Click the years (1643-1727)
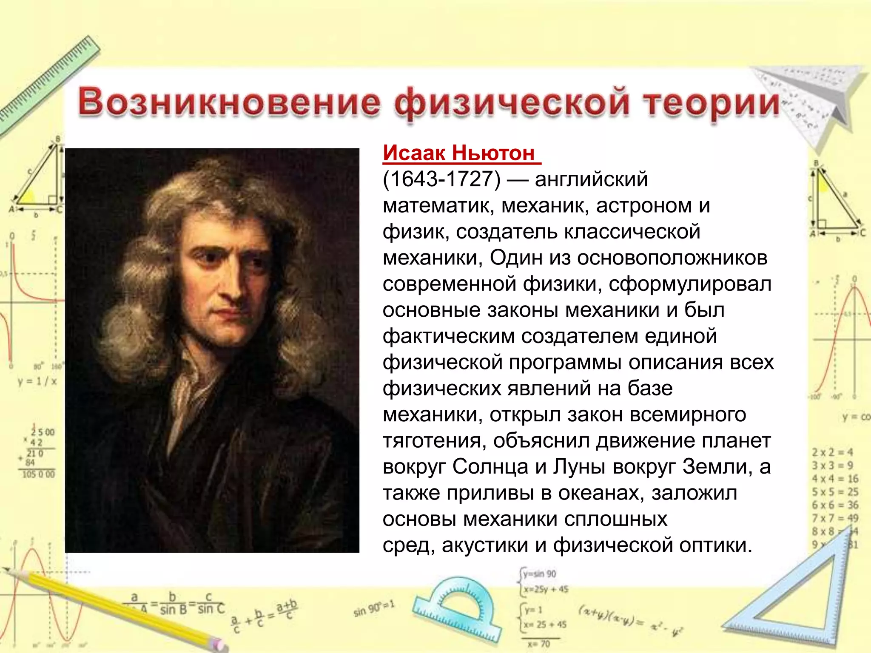click(441, 179)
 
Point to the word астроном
click(644, 206)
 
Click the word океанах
click(601, 493)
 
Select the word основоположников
click(672, 258)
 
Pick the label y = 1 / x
click(37, 381)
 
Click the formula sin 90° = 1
click(374, 608)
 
